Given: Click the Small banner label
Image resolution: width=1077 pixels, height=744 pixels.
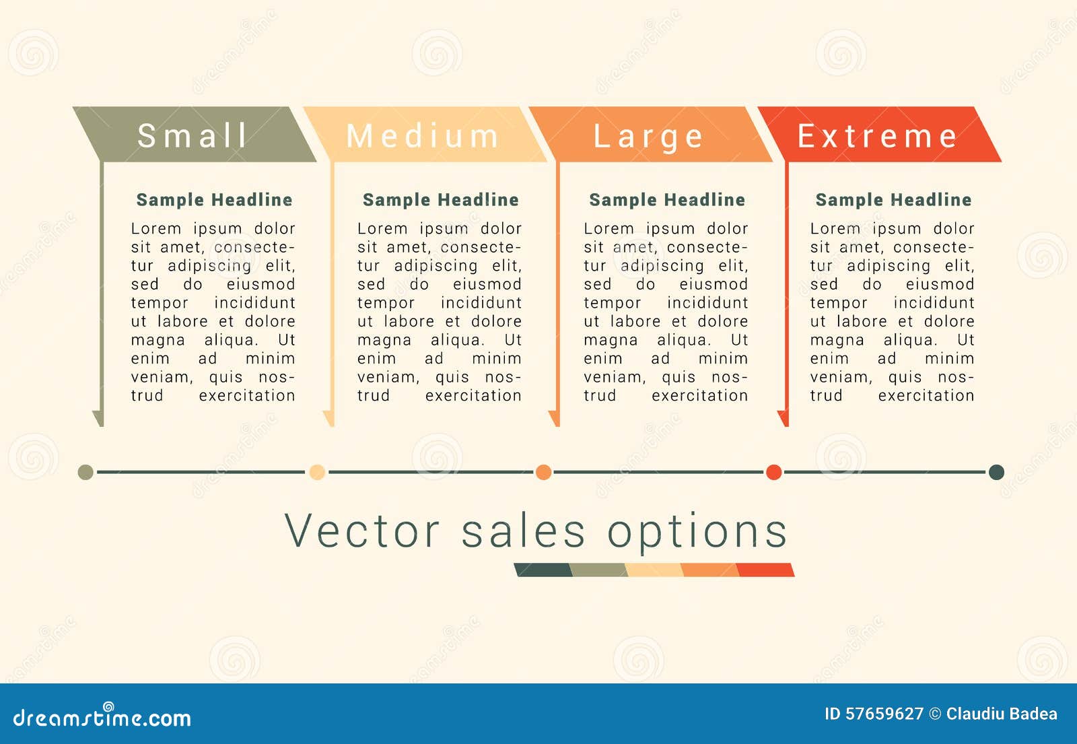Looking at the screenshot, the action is click(x=193, y=135).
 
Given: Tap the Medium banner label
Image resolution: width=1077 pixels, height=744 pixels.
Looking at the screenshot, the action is click(x=423, y=135).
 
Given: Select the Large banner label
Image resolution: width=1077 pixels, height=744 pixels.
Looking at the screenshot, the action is click(x=649, y=137).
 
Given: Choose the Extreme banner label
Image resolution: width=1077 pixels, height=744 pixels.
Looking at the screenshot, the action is click(x=878, y=135).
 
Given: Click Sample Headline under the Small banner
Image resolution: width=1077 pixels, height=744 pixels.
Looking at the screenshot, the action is click(x=215, y=199).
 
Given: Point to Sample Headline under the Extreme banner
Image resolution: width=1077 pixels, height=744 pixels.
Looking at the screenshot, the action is click(x=893, y=199).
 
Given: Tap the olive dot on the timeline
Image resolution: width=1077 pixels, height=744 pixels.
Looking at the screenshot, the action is click(x=85, y=472).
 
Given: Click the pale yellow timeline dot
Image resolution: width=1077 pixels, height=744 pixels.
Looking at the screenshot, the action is click(x=317, y=472).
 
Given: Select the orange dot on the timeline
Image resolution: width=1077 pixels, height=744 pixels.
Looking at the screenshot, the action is click(x=543, y=472).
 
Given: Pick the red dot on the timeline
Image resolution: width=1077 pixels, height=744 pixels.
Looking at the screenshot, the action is click(x=773, y=472).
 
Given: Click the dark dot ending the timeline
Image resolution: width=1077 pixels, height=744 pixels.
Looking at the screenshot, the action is click(x=996, y=472).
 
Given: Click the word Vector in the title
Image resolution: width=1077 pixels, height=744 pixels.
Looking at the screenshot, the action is click(x=362, y=531).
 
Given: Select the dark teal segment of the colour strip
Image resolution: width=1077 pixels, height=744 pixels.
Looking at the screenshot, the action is click(x=543, y=570).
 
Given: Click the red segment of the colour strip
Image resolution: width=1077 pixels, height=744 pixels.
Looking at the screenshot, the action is click(x=765, y=570).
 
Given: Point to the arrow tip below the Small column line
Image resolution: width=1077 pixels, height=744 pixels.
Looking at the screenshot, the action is click(x=101, y=426).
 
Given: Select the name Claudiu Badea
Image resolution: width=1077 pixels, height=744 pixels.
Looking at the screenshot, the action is click(x=1002, y=714).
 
